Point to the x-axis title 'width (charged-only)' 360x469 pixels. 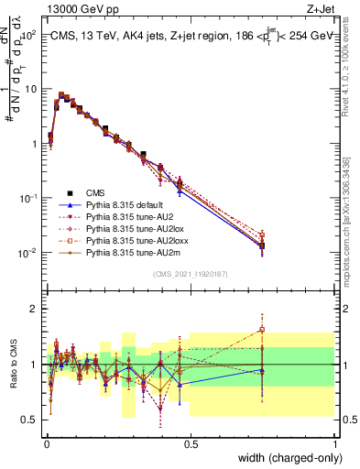(285, 458)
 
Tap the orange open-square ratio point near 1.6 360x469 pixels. (262, 329)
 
